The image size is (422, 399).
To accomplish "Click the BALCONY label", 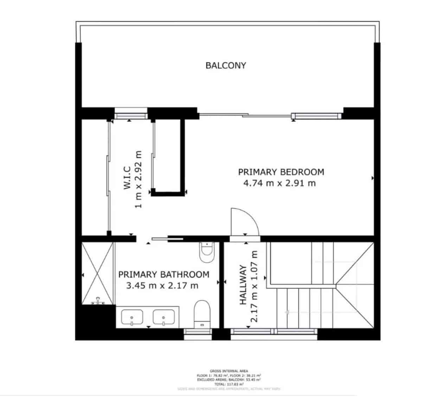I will point(226,65).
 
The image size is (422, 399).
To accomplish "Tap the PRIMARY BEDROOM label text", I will point(281,172).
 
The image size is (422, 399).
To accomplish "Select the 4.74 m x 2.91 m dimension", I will point(280,183).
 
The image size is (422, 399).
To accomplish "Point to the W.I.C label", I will point(127,179).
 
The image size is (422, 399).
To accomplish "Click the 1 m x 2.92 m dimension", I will point(138,179).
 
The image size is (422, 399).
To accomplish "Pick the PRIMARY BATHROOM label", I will point(164,274).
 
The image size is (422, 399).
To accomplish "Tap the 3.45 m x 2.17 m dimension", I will point(162,285).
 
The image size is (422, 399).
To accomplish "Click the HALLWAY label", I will point(243,285).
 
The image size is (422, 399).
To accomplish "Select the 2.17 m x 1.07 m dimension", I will point(254,286).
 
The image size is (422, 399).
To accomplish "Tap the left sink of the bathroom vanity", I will point(132,317).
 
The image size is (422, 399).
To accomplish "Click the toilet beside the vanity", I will point(202,313).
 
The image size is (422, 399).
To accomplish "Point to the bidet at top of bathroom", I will point(207,251).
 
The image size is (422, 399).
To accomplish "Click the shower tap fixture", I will point(98,301).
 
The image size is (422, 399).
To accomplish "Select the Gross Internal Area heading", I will point(229,371).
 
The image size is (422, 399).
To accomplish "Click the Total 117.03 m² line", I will point(229,384).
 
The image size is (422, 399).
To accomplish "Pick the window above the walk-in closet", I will point(131,115).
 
